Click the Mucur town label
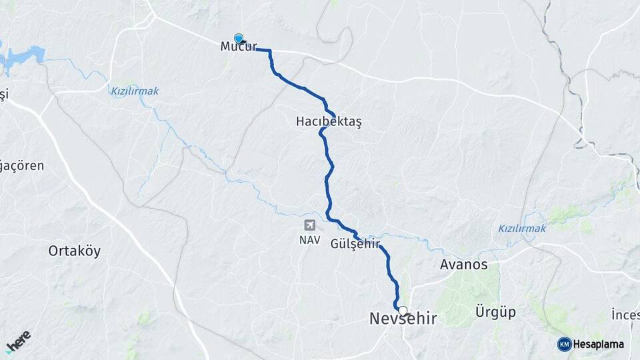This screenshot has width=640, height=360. pyautogui.click(x=239, y=47)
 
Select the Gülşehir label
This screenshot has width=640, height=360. pyautogui.click(x=355, y=244)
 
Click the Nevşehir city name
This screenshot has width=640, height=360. pyautogui.click(x=403, y=319)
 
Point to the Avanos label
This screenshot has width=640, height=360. pyautogui.click(x=463, y=265)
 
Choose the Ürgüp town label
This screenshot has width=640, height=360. pyautogui.click(x=495, y=312)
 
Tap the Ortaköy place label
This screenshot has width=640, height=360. pyautogui.click(x=74, y=251)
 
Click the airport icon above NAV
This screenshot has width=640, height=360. pyautogui.click(x=309, y=226)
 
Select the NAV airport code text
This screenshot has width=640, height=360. pyautogui.click(x=309, y=240)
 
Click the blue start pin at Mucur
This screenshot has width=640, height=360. pyautogui.click(x=239, y=39)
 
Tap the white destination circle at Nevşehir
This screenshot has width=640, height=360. pyautogui.click(x=403, y=310)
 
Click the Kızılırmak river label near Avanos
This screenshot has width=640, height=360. pyautogui.click(x=522, y=229)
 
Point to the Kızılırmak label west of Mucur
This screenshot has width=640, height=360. pyautogui.click(x=135, y=91)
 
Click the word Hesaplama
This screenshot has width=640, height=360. pyautogui.click(x=598, y=344)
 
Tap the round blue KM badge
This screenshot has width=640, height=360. pyautogui.click(x=564, y=344)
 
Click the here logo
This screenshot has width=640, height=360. pyautogui.click(x=18, y=341)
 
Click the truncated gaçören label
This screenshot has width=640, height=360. pyautogui.click(x=21, y=165)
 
